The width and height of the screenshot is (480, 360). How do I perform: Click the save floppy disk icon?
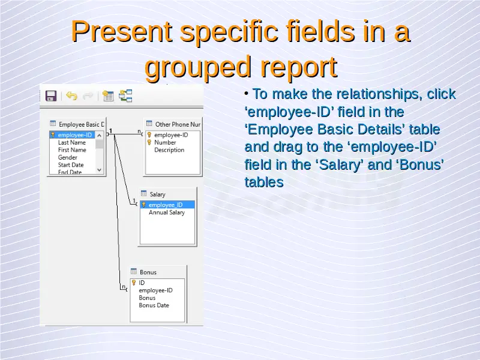51,96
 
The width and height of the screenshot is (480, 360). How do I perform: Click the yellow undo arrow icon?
71,96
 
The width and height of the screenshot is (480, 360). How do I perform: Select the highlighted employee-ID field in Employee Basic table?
72,135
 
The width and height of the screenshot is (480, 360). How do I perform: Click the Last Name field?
72,142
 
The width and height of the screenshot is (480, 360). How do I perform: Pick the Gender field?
68,157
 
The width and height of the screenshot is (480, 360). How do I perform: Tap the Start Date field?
71,164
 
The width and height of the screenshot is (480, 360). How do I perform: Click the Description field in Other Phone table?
169,150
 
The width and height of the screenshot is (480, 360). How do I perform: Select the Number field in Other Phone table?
165,142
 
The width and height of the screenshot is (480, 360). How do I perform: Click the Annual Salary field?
167,212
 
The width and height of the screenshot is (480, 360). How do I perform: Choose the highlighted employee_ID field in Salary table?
167,205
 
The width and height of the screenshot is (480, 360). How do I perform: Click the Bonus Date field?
154,305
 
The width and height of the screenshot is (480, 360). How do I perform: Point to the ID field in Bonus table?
142,283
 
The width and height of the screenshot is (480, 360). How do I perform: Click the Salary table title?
157,194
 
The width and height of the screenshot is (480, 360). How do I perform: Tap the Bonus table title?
148,272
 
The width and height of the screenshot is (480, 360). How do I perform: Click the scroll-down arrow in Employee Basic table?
99,170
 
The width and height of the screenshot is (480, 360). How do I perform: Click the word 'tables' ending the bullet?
264,182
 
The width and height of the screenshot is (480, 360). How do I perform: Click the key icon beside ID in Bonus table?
134,283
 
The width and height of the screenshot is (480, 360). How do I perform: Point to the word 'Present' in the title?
122,31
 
